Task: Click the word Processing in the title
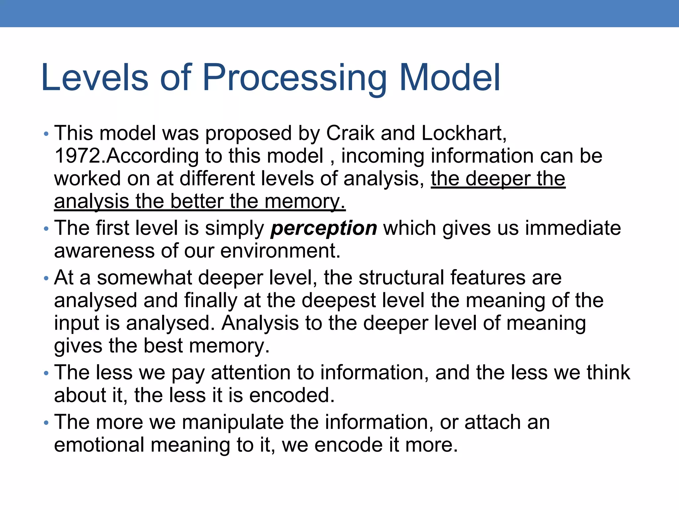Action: click(294, 78)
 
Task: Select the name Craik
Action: click(350, 133)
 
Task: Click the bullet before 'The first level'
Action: click(46, 229)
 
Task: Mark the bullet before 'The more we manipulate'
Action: click(46, 423)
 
